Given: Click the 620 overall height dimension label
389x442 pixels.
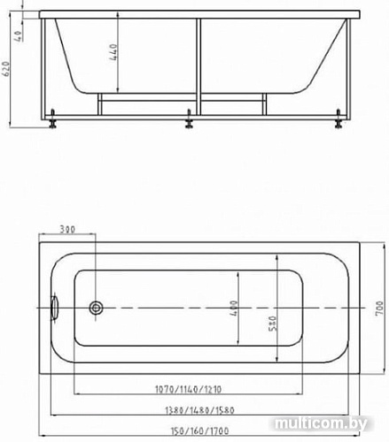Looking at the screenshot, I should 8,69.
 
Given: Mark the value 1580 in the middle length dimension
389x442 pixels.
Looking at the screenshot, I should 225,410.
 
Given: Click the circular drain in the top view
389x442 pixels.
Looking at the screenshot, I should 97,308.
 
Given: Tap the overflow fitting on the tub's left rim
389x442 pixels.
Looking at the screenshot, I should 55,308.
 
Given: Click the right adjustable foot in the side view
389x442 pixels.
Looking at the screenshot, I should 340,122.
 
